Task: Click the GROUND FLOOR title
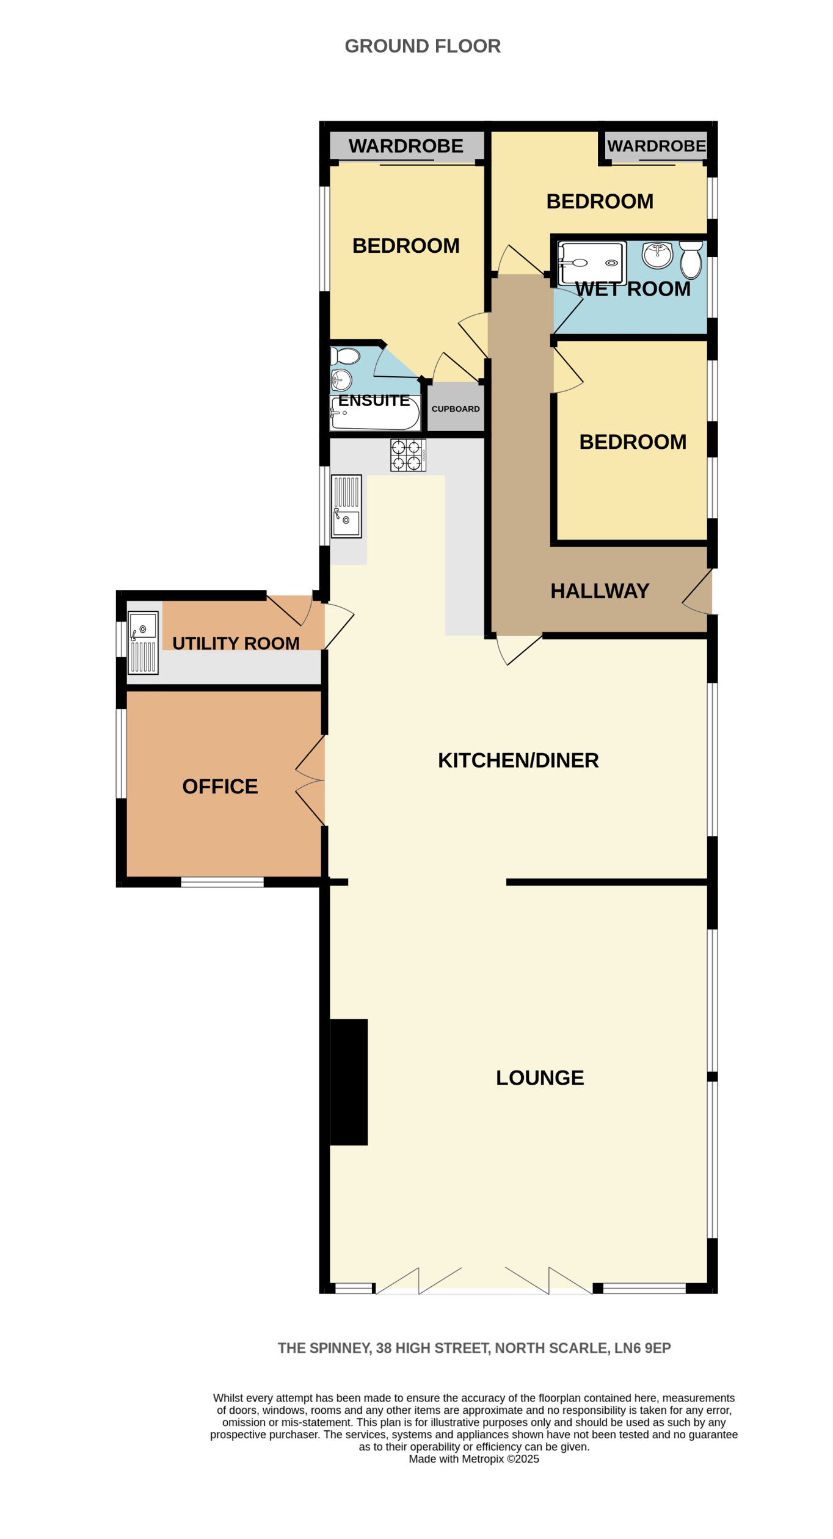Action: coord(422,46)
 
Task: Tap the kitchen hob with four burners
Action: coord(408,455)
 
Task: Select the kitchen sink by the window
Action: coord(346,506)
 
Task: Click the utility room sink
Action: coord(143,642)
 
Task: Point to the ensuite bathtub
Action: coord(375,413)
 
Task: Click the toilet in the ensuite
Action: coord(345,355)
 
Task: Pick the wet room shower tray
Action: coord(592,263)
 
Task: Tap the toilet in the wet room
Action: coord(691,260)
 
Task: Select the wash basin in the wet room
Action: coord(657,255)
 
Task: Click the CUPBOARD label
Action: coord(456,409)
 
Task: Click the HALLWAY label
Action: coord(599,591)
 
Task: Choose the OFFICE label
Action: coord(220,786)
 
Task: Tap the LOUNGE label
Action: coord(539,1078)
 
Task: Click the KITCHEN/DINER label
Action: coord(518,760)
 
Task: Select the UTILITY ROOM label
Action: coord(236,643)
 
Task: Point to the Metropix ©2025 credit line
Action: coord(473,1459)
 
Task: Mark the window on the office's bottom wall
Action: coord(222,882)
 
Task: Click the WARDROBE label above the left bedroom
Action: coord(406,146)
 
